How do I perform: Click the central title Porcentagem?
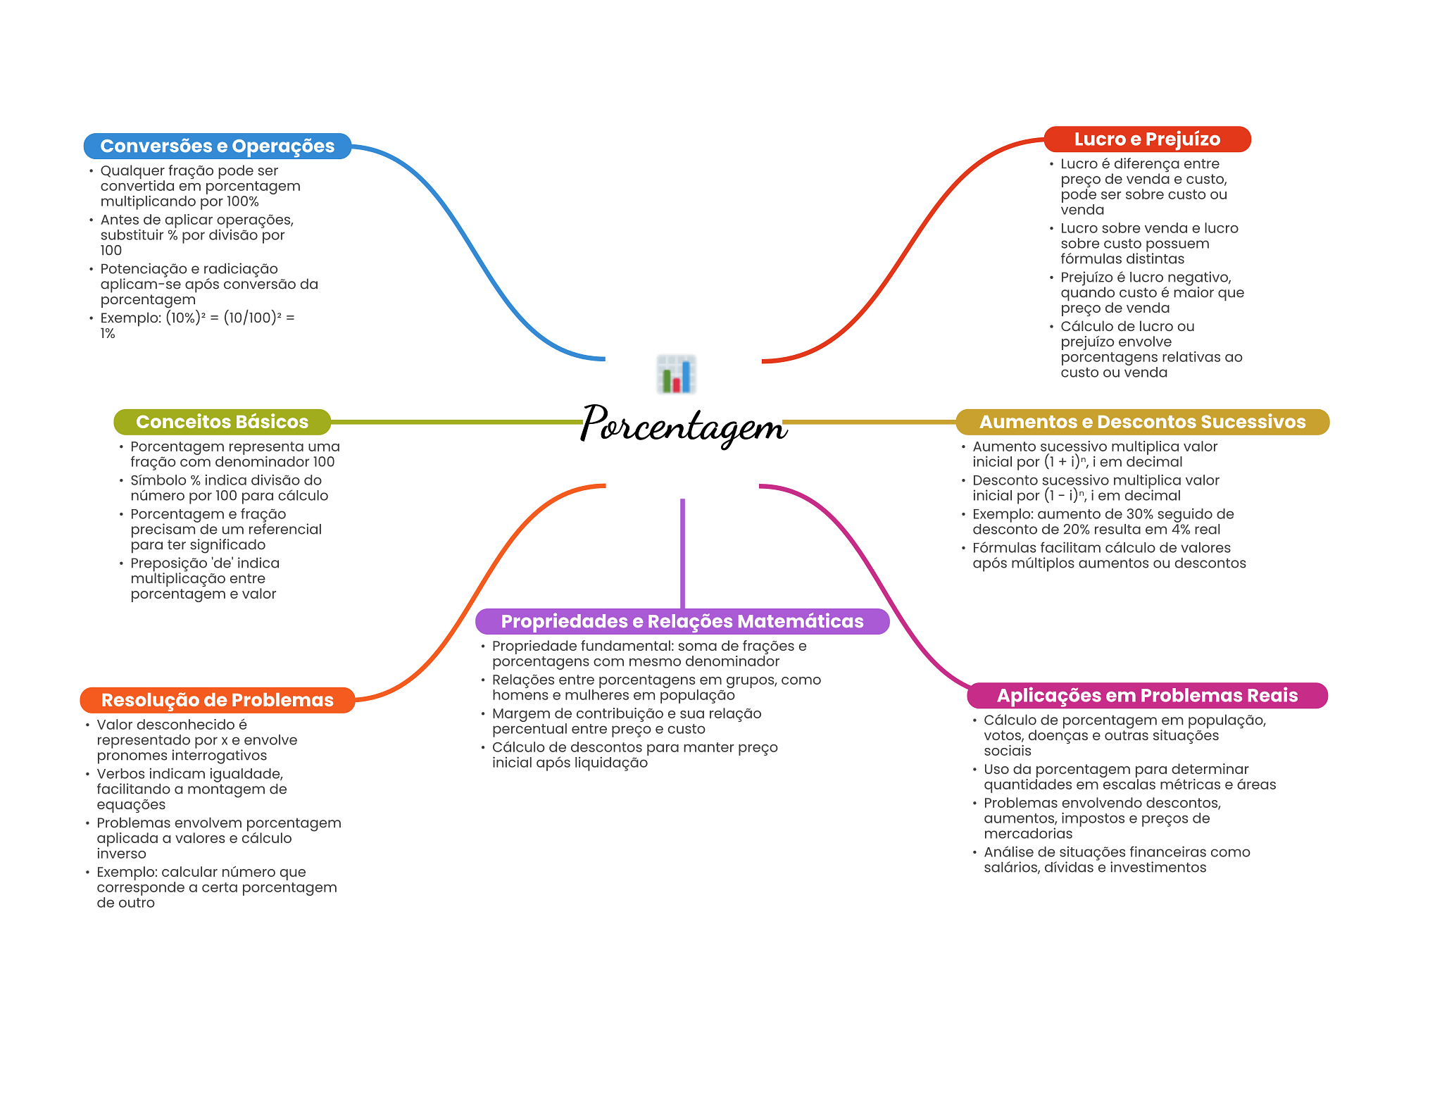(x=683, y=425)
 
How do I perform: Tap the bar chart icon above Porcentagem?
(x=676, y=374)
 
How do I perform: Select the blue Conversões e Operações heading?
(x=217, y=146)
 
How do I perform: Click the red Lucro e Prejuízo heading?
(x=1147, y=139)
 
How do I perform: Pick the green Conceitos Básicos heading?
(x=222, y=422)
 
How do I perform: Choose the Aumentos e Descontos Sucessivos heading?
(x=1142, y=422)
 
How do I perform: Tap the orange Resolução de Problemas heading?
(x=217, y=700)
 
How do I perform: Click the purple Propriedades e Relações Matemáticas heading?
(x=682, y=621)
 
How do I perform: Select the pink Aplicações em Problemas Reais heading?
(x=1147, y=696)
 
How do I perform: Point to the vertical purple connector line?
(x=682, y=553)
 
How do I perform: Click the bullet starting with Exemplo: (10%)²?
(x=197, y=325)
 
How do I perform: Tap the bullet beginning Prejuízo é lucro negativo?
(x=1152, y=292)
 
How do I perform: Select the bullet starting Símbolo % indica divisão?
(x=229, y=487)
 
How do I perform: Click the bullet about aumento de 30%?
(x=1103, y=521)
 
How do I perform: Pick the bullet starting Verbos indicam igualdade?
(x=192, y=789)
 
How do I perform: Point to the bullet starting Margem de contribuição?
(x=627, y=721)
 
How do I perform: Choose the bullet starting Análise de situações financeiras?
(x=1117, y=859)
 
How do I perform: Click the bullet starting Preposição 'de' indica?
(x=204, y=578)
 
